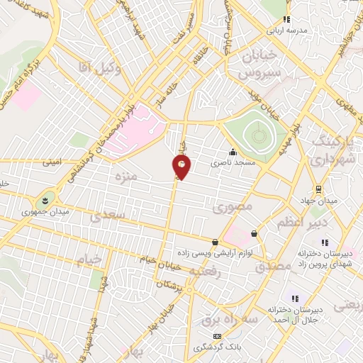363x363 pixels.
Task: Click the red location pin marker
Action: tap(181, 167)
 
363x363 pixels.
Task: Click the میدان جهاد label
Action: tap(338, 201)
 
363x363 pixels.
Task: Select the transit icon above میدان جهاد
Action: tap(319, 189)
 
